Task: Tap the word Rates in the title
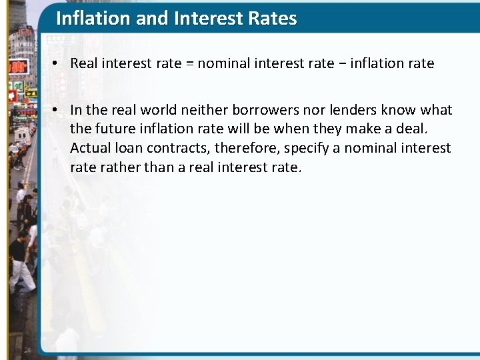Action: tap(270, 18)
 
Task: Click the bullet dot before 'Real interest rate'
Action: tap(59, 64)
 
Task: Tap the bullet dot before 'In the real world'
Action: tap(59, 110)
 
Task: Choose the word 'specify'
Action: tap(308, 148)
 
